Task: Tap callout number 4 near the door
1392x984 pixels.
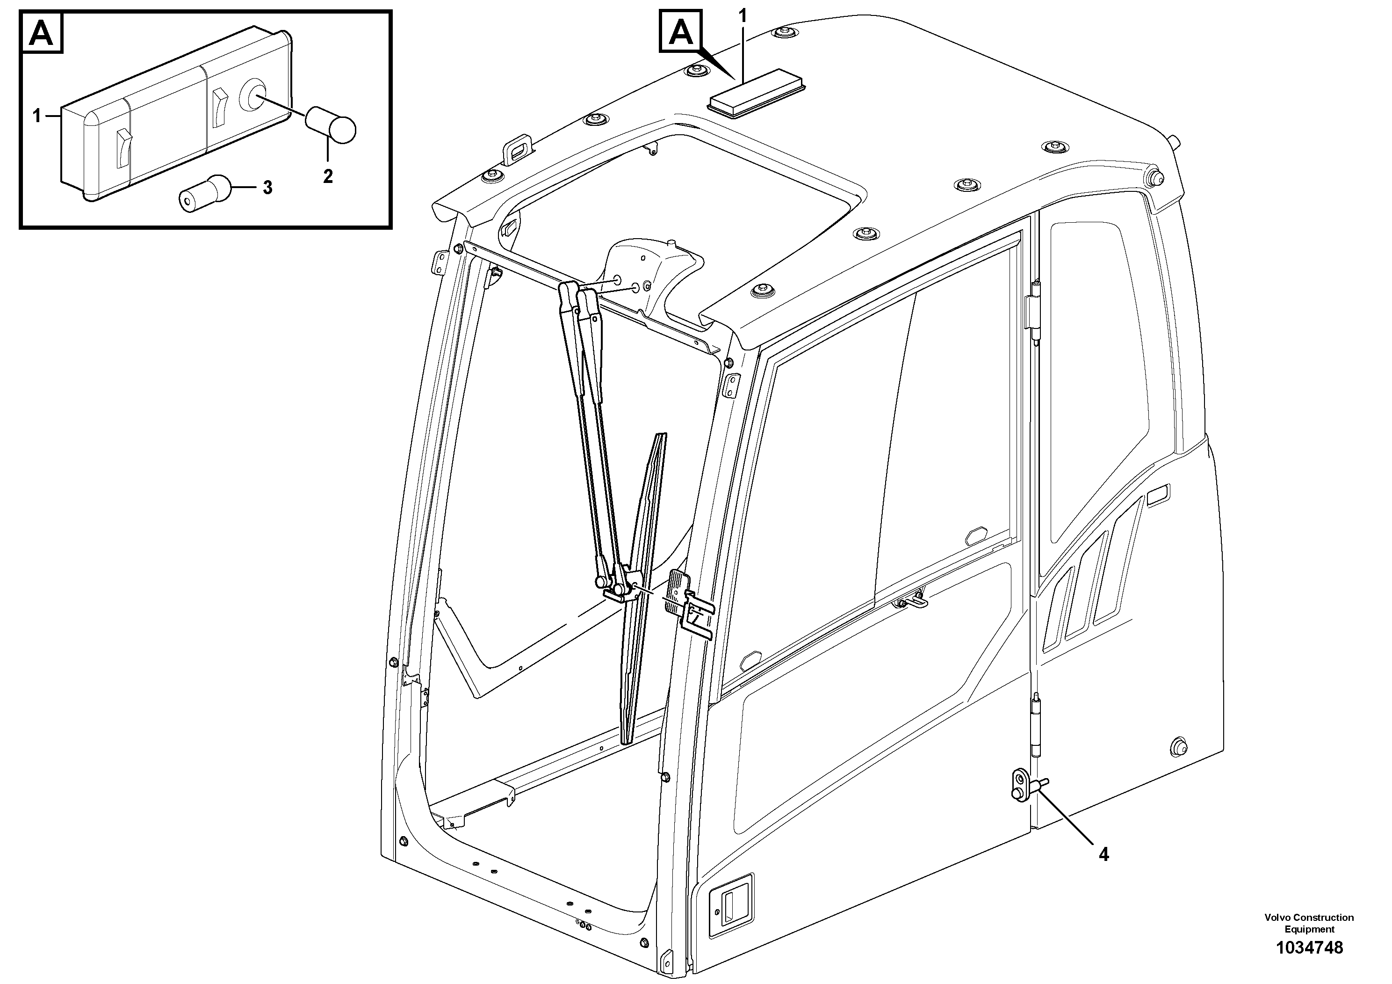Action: [1104, 855]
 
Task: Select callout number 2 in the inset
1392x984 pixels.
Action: [327, 176]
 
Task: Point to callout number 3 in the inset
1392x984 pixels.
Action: [267, 188]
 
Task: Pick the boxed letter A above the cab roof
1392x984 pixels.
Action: [681, 31]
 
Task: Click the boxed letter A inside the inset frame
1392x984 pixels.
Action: [42, 33]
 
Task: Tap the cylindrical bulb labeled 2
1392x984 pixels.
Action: [331, 124]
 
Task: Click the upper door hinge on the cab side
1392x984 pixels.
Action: [1036, 313]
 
